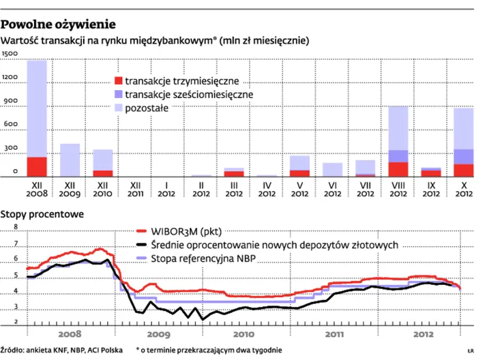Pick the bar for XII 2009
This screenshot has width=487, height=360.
pyautogui.click(x=70, y=160)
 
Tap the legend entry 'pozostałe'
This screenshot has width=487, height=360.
pyautogui.click(x=147, y=108)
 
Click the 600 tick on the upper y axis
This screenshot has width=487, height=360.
pyautogui.click(x=10, y=124)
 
